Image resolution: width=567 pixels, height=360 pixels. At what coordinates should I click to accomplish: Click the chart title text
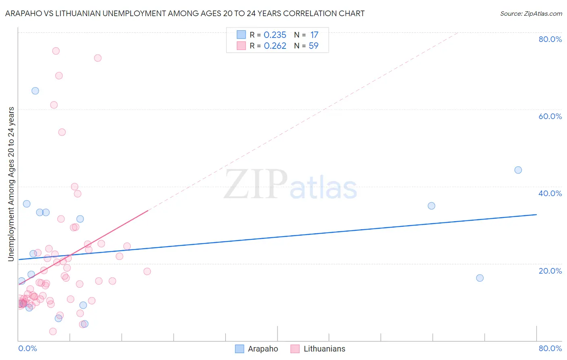[x=185, y=14]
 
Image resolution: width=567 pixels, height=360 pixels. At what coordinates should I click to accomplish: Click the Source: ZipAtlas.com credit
[x=531, y=14]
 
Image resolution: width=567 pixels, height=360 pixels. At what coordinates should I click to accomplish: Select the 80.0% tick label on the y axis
[x=550, y=39]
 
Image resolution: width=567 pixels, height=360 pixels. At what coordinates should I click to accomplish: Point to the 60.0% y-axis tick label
[x=550, y=116]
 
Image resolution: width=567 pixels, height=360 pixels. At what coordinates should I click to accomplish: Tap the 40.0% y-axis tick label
[x=550, y=193]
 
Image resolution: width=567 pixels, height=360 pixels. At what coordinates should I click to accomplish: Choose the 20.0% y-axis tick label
[x=550, y=271]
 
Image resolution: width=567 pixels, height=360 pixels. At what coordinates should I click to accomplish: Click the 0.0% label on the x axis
[x=27, y=348]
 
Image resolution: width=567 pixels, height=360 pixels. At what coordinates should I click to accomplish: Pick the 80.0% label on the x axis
[x=550, y=348]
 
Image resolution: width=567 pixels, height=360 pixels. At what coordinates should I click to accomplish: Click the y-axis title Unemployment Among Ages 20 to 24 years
[x=11, y=184]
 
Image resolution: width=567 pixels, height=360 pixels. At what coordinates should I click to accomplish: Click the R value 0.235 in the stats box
[x=275, y=35]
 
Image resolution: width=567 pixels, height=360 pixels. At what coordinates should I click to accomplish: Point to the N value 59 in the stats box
[x=313, y=46]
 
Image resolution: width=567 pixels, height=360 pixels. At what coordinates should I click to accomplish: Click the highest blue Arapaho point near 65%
[x=35, y=91]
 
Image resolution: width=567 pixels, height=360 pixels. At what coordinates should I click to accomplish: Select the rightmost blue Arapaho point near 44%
[x=518, y=170]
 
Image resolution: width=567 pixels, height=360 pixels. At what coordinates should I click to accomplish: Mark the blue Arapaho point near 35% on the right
[x=432, y=206]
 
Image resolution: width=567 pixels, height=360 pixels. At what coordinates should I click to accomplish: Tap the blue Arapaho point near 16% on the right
[x=480, y=278]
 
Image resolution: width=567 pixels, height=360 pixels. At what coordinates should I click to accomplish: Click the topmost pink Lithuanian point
[x=56, y=51]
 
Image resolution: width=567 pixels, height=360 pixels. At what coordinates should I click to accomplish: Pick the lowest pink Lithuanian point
[x=53, y=331]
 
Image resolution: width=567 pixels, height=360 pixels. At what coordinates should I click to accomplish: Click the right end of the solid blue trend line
[x=536, y=214]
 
